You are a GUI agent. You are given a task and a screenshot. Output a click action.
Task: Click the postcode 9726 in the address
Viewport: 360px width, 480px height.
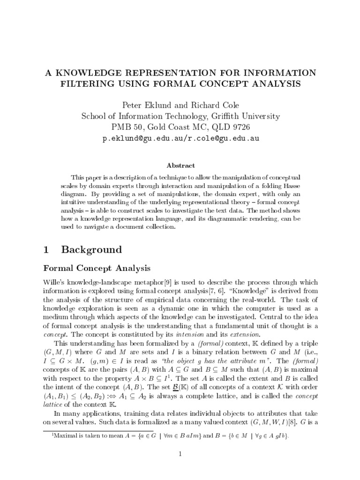pos(240,127)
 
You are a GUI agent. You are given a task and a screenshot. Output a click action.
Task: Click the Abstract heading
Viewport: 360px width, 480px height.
pos(180,165)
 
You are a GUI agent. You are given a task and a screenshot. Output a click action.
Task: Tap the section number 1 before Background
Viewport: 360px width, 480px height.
pos(46,249)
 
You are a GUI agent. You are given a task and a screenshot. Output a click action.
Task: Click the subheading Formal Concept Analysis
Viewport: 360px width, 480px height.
pos(97,268)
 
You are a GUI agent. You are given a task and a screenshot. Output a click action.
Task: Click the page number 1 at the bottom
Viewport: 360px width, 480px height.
pos(180,453)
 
